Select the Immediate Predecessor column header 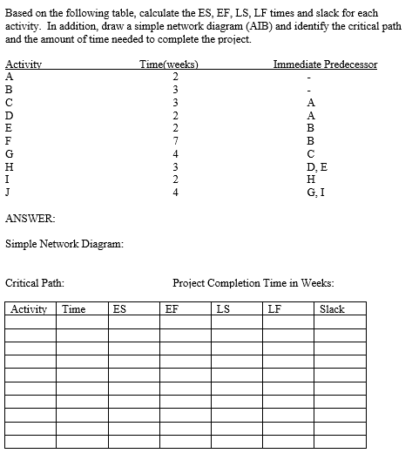tap(325, 64)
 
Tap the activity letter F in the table tap(9, 139)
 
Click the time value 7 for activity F tap(174, 139)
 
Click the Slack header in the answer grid tap(332, 308)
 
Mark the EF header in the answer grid tap(172, 308)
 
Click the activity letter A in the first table tap(9, 77)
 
